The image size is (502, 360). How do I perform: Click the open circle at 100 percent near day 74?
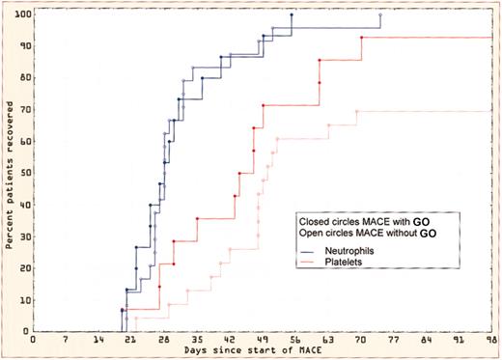(380, 15)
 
